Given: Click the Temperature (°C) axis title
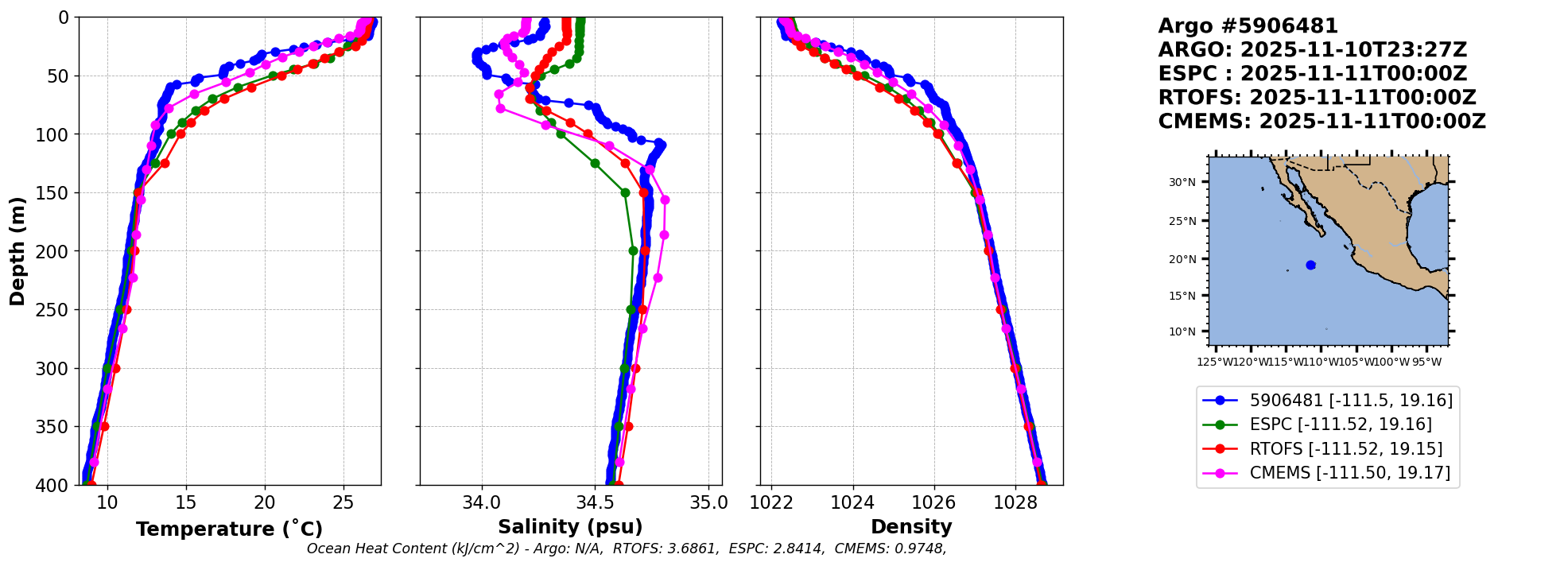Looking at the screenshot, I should pyautogui.click(x=229, y=529).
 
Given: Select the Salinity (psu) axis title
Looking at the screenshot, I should pyautogui.click(x=570, y=527).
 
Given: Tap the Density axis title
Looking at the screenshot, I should pyautogui.click(x=911, y=527).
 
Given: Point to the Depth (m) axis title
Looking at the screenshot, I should pyautogui.click(x=17, y=251).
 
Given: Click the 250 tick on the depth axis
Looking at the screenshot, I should pyautogui.click(x=57, y=310).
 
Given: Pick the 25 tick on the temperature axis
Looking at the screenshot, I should pyautogui.click(x=343, y=502).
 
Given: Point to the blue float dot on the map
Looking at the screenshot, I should pyautogui.click(x=1310, y=266).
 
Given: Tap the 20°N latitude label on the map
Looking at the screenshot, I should pyautogui.click(x=1182, y=259).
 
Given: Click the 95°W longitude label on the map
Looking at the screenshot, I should pyautogui.click(x=1426, y=362).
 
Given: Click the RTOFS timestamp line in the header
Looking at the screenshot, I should pyautogui.click(x=1317, y=98).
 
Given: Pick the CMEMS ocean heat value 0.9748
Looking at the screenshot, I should pyautogui.click(x=923, y=549).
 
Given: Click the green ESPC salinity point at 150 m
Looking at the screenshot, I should pyautogui.click(x=625, y=192).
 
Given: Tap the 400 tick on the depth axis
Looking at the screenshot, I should pyautogui.click(x=57, y=485).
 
